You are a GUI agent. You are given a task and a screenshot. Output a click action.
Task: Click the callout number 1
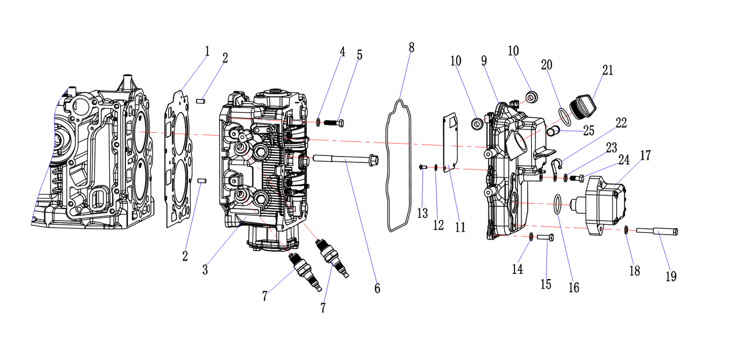(207, 51)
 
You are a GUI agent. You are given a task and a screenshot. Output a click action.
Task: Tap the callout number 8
(411, 47)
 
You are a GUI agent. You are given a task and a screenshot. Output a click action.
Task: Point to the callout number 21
(607, 70)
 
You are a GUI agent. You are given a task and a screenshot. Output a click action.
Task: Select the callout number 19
(670, 276)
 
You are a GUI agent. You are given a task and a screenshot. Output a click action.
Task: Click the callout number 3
(205, 270)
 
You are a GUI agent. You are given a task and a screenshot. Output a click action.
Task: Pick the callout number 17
(645, 155)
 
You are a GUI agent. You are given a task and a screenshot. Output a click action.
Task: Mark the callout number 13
(423, 213)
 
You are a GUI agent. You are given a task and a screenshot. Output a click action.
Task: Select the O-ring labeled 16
(557, 204)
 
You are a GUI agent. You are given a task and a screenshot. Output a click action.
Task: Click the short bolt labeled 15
(545, 237)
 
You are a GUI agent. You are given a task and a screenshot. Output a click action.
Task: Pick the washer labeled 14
(531, 236)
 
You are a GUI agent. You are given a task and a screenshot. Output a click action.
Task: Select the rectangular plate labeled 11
(450, 142)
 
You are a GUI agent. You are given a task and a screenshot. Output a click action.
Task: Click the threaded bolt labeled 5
(334, 123)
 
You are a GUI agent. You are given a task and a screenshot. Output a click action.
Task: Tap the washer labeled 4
(319, 122)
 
